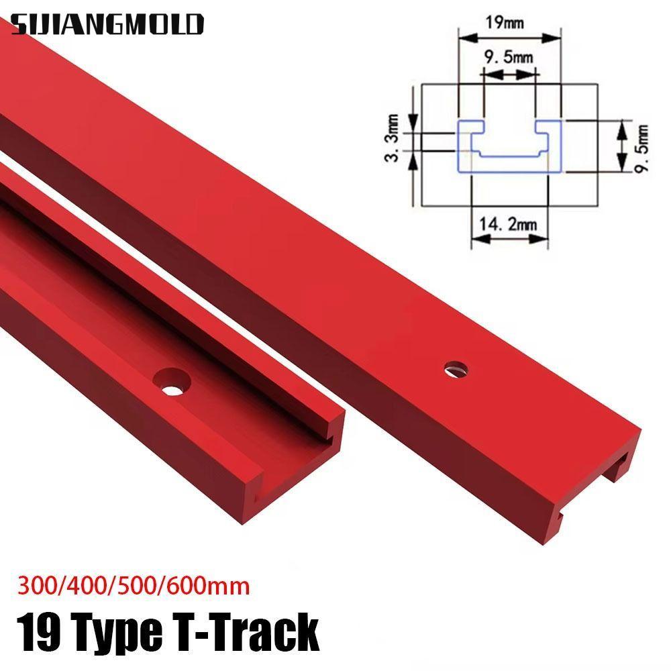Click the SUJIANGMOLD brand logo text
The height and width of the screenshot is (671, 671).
click(x=107, y=24)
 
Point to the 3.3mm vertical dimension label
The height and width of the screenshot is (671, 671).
click(x=395, y=138)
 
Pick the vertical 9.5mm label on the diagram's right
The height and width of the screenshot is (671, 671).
click(x=643, y=147)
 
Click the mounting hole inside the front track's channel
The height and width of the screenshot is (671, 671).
click(x=172, y=380)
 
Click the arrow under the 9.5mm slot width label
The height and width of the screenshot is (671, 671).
click(x=509, y=78)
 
